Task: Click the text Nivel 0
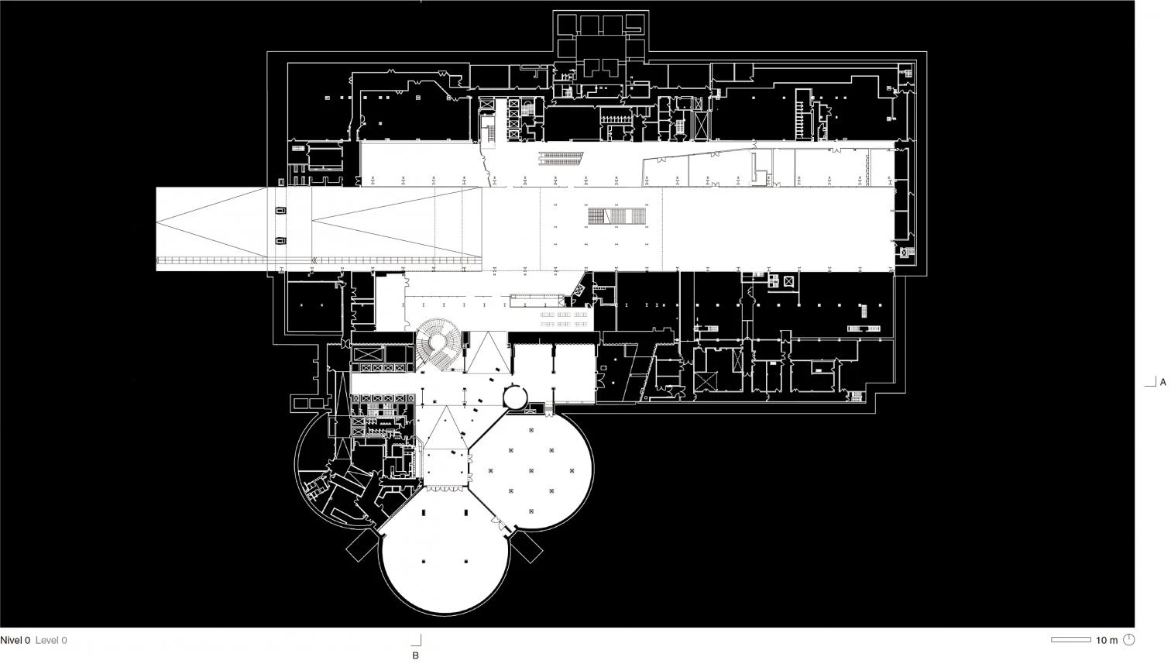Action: [15, 640]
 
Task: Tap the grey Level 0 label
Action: [51, 640]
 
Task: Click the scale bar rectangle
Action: [1071, 640]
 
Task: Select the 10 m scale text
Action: [1107, 640]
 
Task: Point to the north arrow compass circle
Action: [1129, 639]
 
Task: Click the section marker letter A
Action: [1163, 382]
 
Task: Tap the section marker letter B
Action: [416, 655]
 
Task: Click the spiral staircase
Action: [438, 344]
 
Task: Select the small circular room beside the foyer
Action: [516, 397]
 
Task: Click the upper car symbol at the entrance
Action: [280, 211]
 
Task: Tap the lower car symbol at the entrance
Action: [280, 241]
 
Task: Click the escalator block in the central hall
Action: [616, 216]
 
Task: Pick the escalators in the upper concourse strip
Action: [561, 157]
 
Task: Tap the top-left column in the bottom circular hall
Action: [424, 512]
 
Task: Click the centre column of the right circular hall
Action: [531, 470]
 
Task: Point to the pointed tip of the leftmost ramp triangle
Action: [156, 222]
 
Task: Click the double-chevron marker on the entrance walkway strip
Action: [314, 260]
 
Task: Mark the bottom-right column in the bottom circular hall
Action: [465, 562]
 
